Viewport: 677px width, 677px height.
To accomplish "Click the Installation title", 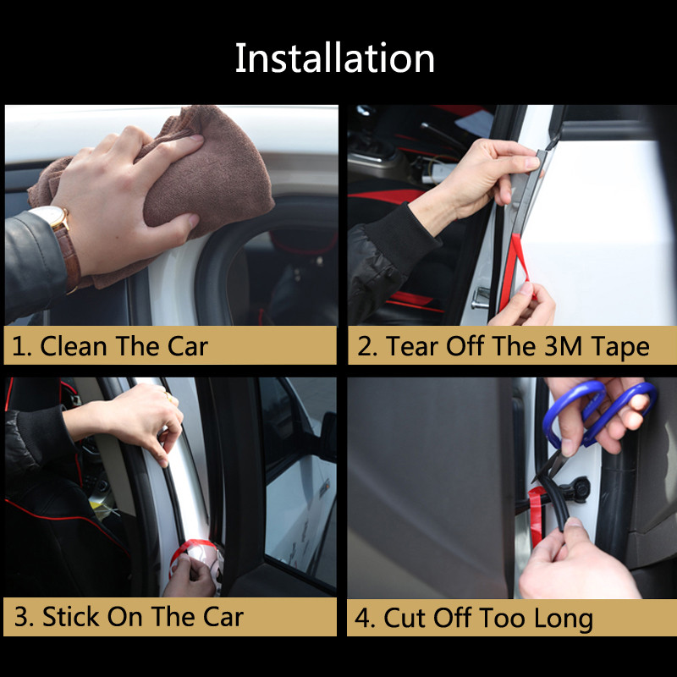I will coord(335,58).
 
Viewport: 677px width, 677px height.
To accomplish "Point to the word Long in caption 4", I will coord(563,618).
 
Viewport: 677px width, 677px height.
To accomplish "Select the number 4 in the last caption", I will coord(364,618).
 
